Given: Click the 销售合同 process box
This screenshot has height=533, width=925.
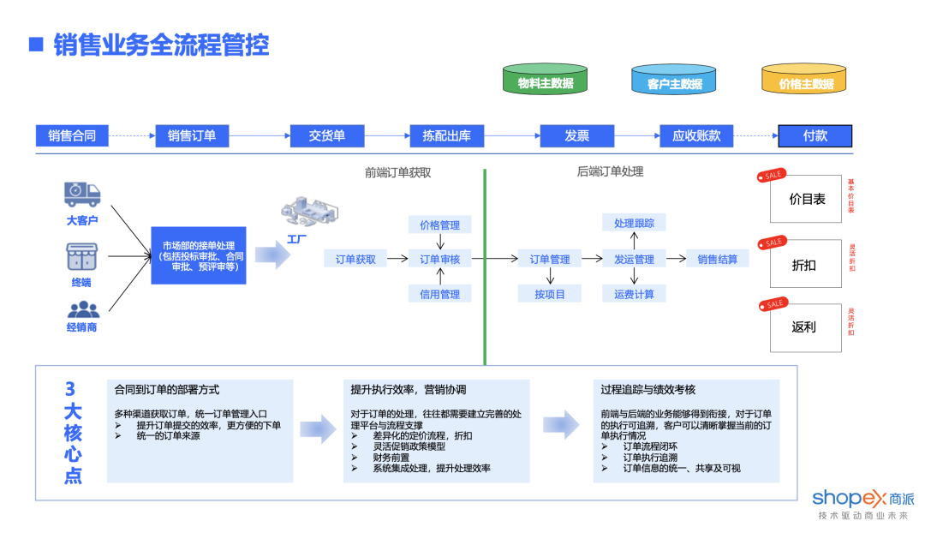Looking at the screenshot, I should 72,135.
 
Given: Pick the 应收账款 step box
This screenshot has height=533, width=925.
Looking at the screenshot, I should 696,135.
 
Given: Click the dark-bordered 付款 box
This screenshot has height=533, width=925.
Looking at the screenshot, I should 815,135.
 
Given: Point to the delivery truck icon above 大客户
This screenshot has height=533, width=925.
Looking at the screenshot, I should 82,195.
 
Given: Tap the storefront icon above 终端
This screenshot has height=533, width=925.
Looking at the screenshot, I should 82,256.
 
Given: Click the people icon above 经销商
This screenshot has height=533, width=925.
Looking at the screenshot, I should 82,309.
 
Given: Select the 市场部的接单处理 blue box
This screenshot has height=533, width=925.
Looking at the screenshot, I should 199,255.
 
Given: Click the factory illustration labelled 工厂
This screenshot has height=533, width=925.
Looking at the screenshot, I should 308,214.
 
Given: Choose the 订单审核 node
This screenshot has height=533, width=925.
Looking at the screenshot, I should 439,259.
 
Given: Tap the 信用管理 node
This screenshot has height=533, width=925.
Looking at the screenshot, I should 439,294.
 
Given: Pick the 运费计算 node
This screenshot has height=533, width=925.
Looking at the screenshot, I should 634,294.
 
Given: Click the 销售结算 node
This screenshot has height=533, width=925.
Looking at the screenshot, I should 717,259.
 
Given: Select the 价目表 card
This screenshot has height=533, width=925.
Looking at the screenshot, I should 805,199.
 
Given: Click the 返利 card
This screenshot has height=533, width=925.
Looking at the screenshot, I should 805,326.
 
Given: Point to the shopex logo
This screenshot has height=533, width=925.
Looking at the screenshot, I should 862,499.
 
